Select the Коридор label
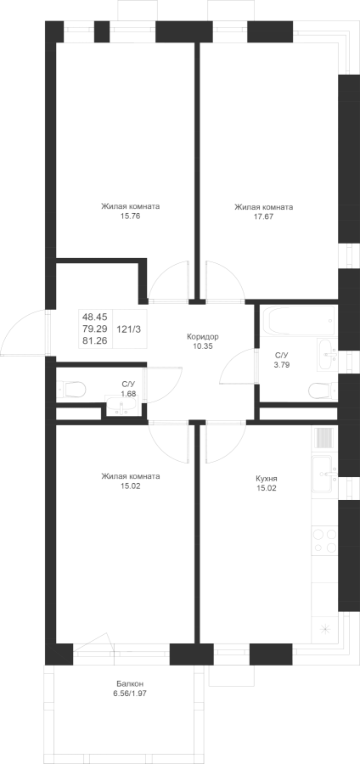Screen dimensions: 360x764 click(x=202, y=337)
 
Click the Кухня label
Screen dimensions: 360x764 click(x=266, y=479)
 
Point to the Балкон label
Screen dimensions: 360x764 click(x=130, y=683)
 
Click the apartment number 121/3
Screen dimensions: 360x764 click(x=128, y=329)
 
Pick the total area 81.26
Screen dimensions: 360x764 click(x=94, y=341)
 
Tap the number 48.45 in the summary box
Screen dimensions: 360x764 click(x=94, y=317)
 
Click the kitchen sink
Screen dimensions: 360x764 click(x=324, y=474)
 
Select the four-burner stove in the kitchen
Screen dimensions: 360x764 click(x=324, y=541)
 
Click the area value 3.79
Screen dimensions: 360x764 click(x=282, y=364)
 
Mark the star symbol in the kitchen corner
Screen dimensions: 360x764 click(x=324, y=629)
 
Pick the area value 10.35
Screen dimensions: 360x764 click(x=202, y=346)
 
